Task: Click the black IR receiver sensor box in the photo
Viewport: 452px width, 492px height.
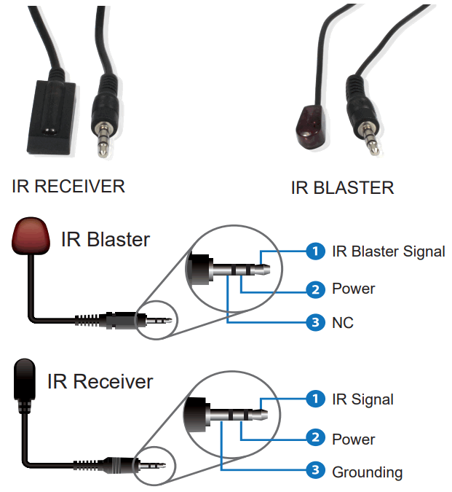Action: point(52,117)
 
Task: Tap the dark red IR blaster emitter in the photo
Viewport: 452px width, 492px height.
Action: point(310,128)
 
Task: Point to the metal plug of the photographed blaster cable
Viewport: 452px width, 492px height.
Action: point(370,138)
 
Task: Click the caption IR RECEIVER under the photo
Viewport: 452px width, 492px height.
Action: point(68,187)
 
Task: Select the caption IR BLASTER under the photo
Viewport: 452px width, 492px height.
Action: point(342,187)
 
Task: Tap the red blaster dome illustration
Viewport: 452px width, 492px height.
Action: point(31,235)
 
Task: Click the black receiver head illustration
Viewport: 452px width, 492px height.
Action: point(24,380)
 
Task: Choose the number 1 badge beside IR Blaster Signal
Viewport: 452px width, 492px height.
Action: point(315,251)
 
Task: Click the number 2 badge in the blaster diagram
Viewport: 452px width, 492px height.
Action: point(315,289)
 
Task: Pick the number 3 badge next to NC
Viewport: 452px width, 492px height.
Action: point(315,322)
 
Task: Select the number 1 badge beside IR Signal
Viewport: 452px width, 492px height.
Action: point(315,399)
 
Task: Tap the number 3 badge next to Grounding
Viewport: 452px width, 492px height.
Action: point(315,469)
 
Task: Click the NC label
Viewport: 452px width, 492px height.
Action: point(343,323)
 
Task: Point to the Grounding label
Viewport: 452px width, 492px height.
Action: point(368,472)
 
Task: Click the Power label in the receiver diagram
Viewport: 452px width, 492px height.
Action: point(353,440)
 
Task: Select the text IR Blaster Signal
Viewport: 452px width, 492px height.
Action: point(389,252)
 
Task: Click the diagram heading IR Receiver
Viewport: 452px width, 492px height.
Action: point(100,382)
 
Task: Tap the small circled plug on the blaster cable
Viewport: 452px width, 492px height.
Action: point(156,321)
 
